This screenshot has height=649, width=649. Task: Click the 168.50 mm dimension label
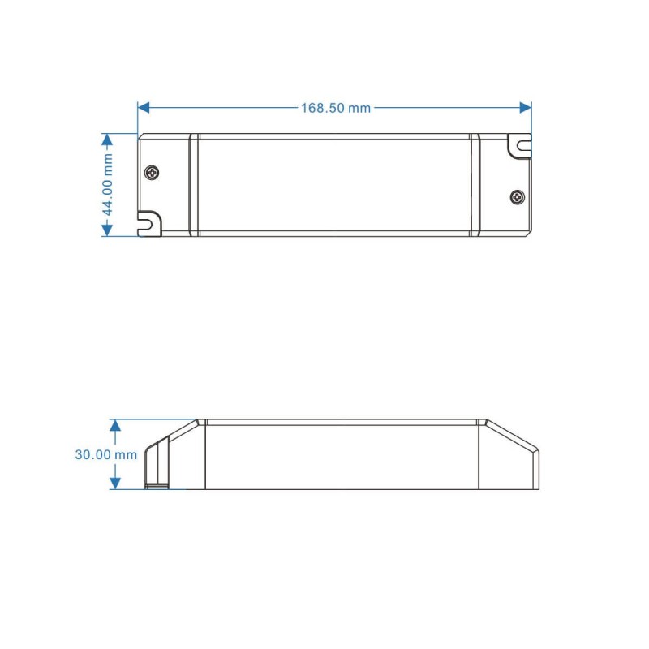(x=336, y=108)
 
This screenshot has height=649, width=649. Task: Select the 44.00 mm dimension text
(x=107, y=185)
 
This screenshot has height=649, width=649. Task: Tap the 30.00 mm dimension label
(x=106, y=454)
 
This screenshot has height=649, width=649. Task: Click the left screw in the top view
(x=153, y=172)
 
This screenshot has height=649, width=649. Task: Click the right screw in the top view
(x=518, y=197)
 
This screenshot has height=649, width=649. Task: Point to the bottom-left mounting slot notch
(x=149, y=222)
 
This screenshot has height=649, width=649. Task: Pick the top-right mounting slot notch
(x=520, y=146)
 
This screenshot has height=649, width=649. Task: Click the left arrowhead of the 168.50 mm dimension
(x=144, y=108)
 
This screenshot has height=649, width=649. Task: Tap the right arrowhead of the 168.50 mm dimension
(x=526, y=108)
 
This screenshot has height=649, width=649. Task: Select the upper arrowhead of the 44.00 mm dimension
(x=107, y=140)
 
